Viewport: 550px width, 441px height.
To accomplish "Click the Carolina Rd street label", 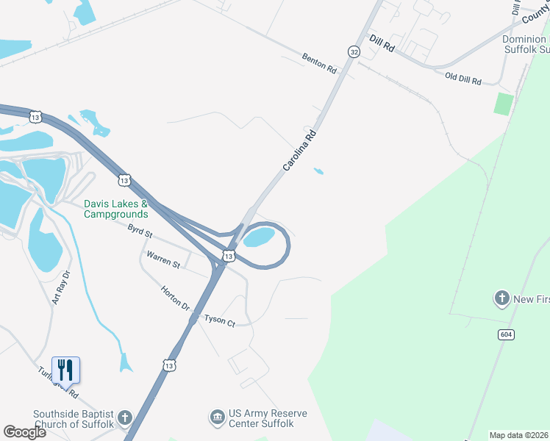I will [301, 151].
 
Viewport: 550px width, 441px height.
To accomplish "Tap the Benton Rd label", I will [319, 63].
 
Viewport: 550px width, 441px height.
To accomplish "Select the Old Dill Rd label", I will [463, 77].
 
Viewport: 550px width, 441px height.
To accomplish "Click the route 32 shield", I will [354, 51].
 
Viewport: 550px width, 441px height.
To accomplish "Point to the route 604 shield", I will [506, 334].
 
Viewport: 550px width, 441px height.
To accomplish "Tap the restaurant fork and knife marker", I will [65, 370].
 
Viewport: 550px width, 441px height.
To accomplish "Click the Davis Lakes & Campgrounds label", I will [116, 209].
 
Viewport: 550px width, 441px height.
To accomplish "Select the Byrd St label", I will [139, 233].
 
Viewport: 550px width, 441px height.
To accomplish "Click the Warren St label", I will [163, 259].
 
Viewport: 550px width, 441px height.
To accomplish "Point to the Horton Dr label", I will [176, 297].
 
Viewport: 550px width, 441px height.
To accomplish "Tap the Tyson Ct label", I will [219, 321].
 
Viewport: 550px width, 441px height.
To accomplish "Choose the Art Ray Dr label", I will [60, 287].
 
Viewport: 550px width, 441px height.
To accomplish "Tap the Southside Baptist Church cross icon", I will [125, 418].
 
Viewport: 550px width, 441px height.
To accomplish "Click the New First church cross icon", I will [501, 298].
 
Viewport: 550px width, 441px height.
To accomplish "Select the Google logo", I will [24, 431].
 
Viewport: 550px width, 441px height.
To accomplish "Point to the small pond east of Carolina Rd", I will [318, 172].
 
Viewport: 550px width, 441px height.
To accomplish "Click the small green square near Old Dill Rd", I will [503, 103].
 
